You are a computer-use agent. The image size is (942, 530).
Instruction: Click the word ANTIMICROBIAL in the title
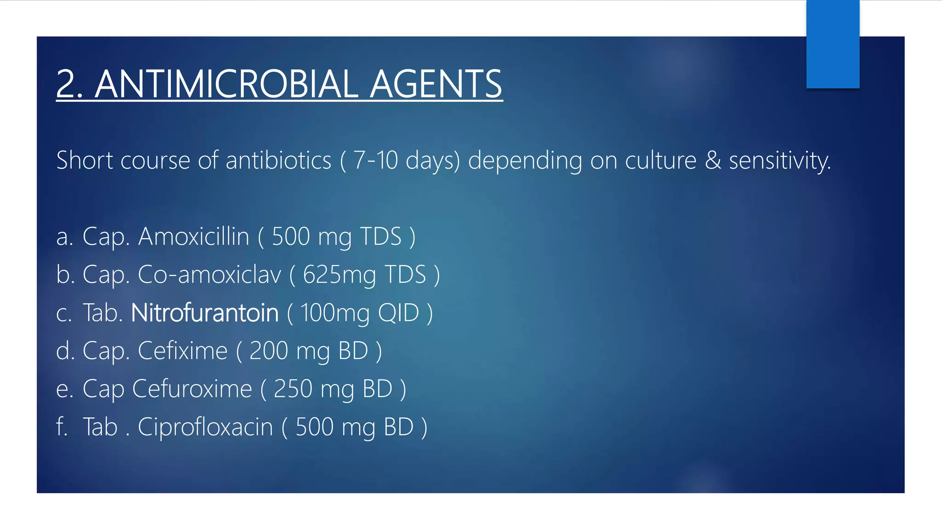(226, 84)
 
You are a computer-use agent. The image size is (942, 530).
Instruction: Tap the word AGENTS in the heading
(436, 84)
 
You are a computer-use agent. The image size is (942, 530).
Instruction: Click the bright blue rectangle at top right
(833, 44)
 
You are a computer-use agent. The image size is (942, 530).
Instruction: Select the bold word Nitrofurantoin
(205, 313)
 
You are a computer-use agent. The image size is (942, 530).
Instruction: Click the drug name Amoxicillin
(194, 236)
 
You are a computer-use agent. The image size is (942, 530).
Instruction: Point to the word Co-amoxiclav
(209, 275)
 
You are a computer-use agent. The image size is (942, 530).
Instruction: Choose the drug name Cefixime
(183, 351)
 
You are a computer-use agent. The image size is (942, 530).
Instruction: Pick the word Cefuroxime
(192, 389)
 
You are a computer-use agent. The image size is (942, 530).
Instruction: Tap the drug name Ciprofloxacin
(205, 427)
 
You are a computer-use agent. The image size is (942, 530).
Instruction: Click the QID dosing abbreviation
(398, 313)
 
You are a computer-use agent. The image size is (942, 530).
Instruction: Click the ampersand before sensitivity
(712, 161)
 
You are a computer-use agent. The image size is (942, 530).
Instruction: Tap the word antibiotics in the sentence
(278, 161)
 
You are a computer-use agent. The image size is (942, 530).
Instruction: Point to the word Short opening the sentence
(85, 161)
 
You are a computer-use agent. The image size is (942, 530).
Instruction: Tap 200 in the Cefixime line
(269, 351)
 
